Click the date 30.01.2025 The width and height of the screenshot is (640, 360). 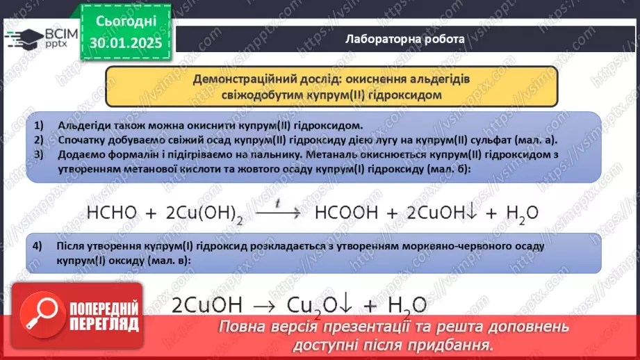(x=125, y=42)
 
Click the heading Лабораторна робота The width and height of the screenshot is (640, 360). (x=405, y=39)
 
